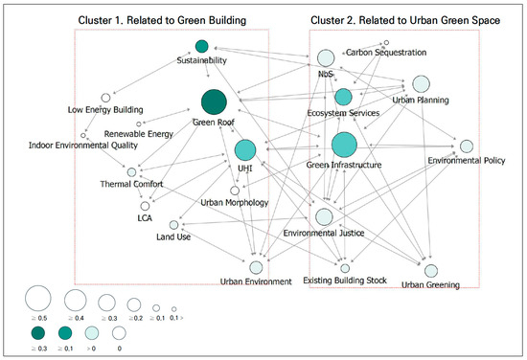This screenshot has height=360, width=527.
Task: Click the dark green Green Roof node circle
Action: point(214,101)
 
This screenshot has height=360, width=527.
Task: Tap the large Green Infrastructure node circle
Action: point(344,145)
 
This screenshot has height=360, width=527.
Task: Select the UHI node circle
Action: point(245,149)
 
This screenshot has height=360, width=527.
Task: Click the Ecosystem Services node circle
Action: point(344,97)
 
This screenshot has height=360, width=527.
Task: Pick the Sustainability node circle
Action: point(201,46)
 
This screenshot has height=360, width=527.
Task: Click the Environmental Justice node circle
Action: point(324,217)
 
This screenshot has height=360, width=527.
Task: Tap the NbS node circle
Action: point(325,57)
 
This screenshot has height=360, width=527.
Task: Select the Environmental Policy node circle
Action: point(467,146)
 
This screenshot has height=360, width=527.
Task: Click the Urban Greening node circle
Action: point(430,271)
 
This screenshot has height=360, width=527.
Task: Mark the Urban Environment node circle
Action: point(256,267)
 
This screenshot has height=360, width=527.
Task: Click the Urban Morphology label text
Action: point(234,203)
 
